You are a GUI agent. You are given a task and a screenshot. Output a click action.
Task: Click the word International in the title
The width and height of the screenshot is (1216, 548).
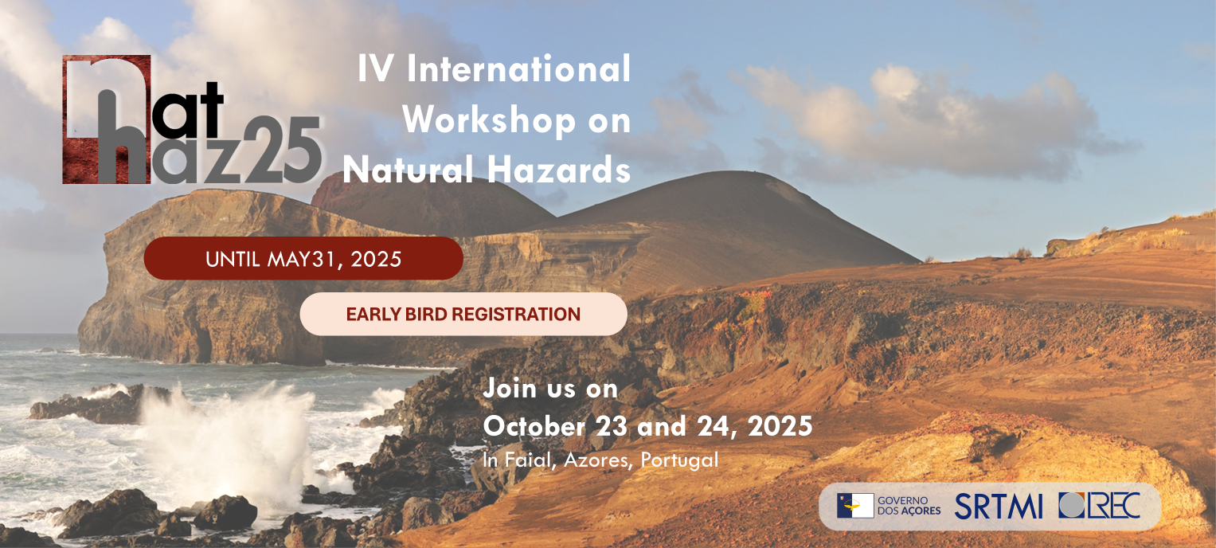pyautogui.click(x=518, y=69)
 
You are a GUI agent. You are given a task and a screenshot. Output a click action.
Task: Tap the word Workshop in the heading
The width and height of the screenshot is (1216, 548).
pyautogui.click(x=488, y=120)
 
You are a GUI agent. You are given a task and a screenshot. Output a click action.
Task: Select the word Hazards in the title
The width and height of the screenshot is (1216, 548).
pyautogui.click(x=558, y=170)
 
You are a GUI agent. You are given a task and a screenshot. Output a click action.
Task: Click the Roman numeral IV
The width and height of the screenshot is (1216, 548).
pyautogui.click(x=375, y=69)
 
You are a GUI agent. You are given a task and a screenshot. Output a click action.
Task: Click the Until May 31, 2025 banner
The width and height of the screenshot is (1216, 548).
pyautogui.click(x=303, y=259)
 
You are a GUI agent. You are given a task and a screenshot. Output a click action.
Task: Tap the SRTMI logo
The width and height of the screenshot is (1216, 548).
pyautogui.click(x=999, y=507)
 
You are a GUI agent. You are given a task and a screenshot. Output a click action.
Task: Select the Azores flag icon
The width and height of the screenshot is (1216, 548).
pyautogui.click(x=855, y=506)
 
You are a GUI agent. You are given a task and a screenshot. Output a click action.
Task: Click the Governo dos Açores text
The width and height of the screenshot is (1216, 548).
pyautogui.click(x=909, y=506)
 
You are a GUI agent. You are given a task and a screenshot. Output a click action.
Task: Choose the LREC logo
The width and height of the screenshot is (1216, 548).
pyautogui.click(x=1099, y=505)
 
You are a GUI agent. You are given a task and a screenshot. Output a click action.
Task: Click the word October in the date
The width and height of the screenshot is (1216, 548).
pyautogui.click(x=534, y=426)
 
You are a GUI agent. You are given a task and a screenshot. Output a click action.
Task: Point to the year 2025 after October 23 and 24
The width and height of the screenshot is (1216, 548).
pyautogui.click(x=780, y=426)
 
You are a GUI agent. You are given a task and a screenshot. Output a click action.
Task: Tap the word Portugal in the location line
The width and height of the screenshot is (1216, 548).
pyautogui.click(x=679, y=460)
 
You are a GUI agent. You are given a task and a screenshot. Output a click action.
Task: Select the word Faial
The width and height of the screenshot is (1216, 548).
pyautogui.click(x=530, y=460)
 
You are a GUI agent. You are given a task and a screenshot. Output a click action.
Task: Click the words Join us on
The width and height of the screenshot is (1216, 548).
pyautogui.click(x=550, y=389)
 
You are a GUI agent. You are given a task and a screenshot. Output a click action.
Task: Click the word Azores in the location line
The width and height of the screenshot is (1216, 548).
pyautogui.click(x=599, y=460)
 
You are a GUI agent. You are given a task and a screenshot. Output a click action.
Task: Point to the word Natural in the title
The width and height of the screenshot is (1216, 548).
pyautogui.click(x=409, y=170)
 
